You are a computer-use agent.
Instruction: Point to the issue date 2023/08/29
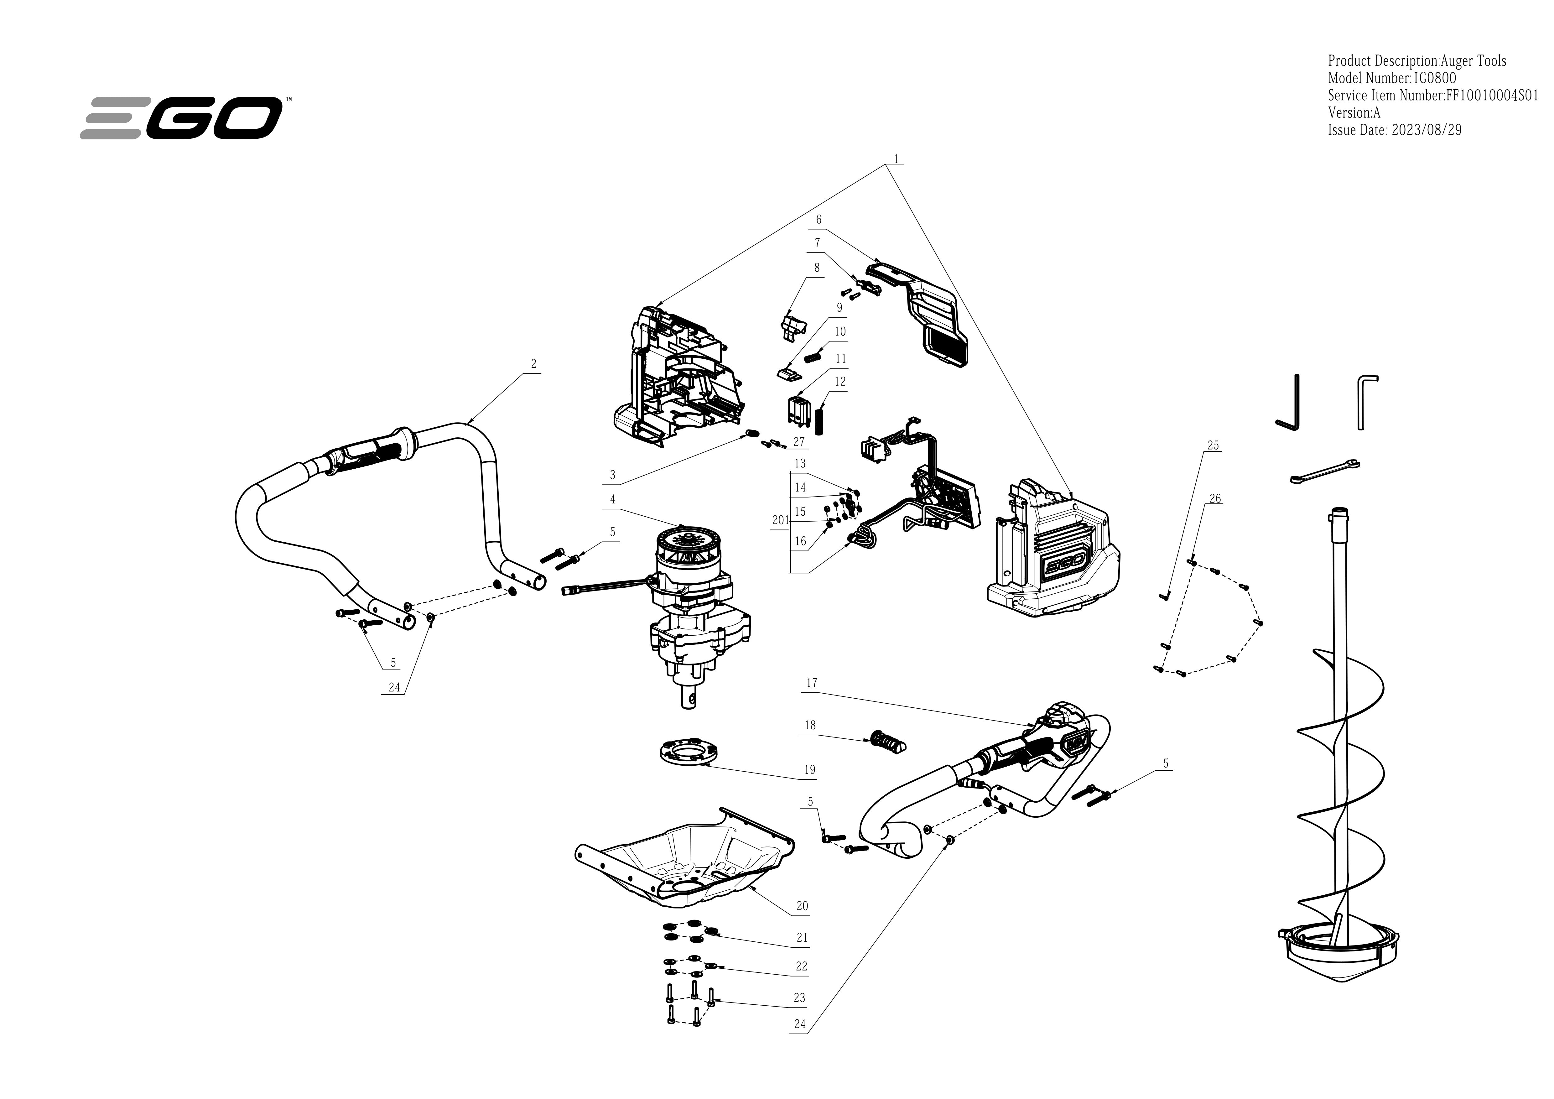[x=1426, y=130]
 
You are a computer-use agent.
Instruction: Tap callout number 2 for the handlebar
[x=533, y=364]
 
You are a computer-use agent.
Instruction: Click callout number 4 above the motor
[x=612, y=499]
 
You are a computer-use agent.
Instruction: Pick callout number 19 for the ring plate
[x=809, y=769]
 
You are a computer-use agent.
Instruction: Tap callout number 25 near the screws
[x=1213, y=445]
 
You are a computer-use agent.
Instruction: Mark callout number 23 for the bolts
[x=799, y=997]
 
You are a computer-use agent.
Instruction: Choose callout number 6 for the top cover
[x=818, y=219]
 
